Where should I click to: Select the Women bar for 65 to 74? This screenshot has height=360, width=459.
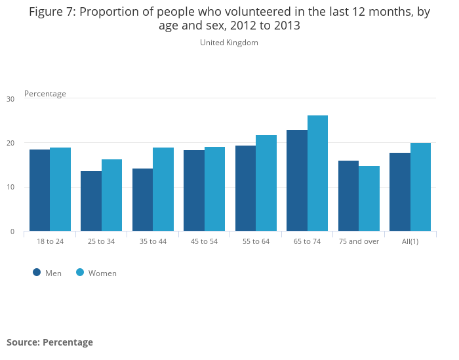(317, 173)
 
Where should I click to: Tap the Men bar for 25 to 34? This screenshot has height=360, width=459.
(91, 201)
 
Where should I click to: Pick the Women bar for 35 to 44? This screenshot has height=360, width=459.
(163, 189)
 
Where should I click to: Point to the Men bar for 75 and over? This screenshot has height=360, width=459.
(348, 195)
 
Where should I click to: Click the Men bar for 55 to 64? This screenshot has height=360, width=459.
(245, 188)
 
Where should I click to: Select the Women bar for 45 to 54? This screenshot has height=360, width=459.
(214, 189)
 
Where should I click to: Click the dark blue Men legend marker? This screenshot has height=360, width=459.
(37, 273)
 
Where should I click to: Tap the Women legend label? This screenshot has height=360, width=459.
(102, 273)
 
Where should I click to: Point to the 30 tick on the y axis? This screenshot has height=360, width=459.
(10, 99)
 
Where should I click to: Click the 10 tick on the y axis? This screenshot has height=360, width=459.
(10, 188)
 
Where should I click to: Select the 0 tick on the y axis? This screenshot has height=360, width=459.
(12, 231)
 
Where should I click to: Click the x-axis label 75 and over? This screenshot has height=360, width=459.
(359, 241)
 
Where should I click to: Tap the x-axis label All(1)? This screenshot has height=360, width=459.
(410, 241)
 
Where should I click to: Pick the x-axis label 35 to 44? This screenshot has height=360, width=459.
(153, 241)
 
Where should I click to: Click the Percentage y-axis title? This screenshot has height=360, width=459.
(45, 94)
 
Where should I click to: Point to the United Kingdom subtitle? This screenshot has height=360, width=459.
(229, 43)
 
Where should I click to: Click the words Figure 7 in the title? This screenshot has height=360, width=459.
(52, 12)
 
